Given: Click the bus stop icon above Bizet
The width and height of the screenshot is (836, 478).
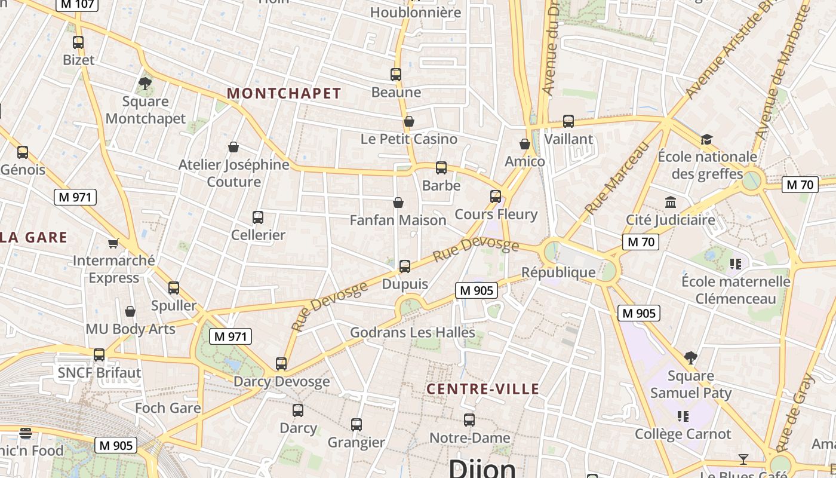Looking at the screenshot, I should pyautogui.click(x=78, y=42).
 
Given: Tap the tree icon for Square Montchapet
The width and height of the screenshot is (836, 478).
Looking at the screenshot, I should pyautogui.click(x=145, y=82).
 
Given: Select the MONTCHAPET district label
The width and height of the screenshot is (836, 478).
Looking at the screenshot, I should pyautogui.click(x=284, y=93).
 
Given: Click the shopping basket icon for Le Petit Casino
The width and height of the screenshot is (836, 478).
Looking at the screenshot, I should pyautogui.click(x=409, y=122).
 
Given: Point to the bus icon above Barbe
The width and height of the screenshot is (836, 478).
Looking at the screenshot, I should pyautogui.click(x=441, y=168).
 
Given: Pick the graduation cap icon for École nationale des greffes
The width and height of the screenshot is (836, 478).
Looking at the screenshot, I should pyautogui.click(x=707, y=139).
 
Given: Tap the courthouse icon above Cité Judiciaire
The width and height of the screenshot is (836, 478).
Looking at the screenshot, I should pyautogui.click(x=671, y=202).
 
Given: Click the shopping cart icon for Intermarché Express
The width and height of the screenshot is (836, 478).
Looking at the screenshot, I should pyautogui.click(x=113, y=243).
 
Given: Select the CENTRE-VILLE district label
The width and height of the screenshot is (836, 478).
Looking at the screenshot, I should pyautogui.click(x=483, y=390).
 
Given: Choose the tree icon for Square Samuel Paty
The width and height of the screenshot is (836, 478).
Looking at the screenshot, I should pyautogui.click(x=691, y=358).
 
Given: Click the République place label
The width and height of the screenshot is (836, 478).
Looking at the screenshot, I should pyautogui.click(x=558, y=272).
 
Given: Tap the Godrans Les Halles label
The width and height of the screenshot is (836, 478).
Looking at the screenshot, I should pyautogui.click(x=413, y=332).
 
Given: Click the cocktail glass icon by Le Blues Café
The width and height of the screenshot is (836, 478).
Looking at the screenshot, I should pyautogui.click(x=743, y=459).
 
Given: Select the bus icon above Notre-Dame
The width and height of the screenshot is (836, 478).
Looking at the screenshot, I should pyautogui.click(x=469, y=420).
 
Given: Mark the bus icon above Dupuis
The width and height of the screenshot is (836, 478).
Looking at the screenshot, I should pyautogui.click(x=405, y=266).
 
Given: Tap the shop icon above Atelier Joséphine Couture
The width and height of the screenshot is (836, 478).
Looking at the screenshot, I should pyautogui.click(x=233, y=147).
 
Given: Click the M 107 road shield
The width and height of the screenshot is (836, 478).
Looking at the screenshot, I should pyautogui.click(x=77, y=5).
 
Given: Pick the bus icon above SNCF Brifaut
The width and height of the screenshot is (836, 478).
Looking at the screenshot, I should pyautogui.click(x=99, y=355).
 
